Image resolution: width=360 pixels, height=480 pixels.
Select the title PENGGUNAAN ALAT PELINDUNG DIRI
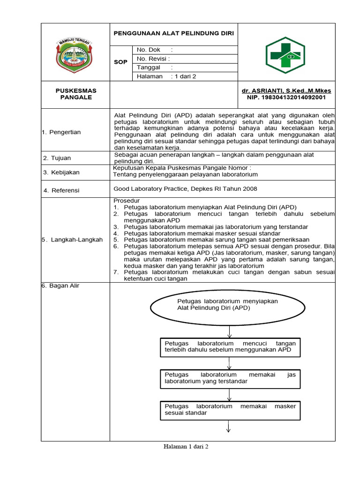(174, 34)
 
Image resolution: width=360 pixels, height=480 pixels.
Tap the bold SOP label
(121, 62)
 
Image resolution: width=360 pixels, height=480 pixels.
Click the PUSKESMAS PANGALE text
(76, 94)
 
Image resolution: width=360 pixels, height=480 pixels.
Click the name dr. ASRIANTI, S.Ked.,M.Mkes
(286, 90)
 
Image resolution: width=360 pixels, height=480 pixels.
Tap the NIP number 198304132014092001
(286, 97)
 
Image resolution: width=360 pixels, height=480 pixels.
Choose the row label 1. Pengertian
(61, 132)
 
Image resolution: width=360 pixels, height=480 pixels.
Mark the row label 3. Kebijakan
(61, 172)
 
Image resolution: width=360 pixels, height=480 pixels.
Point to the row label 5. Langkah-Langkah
(72, 240)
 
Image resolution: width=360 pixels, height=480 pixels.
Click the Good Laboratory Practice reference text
(186, 189)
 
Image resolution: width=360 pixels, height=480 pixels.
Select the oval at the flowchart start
(229, 307)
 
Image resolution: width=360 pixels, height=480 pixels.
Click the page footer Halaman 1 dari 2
(186, 447)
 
